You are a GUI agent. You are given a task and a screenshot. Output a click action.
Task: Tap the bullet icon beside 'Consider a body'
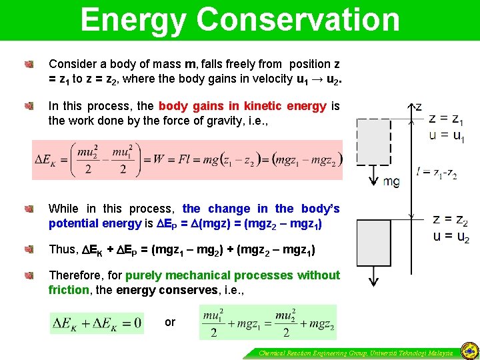coord(29,65)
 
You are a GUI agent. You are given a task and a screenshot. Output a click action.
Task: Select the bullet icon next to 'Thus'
coord(29,250)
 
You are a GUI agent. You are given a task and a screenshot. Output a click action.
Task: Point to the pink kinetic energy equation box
coord(187,160)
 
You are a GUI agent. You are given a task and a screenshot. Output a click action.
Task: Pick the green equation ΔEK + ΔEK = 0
coord(97,323)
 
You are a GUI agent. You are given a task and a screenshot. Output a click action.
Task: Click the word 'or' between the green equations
coord(170,323)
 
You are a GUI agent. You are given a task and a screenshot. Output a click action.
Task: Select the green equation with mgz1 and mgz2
coord(267,323)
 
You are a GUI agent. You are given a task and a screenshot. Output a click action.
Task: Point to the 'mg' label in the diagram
coord(391,181)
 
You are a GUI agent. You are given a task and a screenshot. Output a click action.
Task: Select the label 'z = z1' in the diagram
coord(447,119)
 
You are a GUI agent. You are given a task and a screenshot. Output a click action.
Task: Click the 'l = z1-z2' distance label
coord(437,173)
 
